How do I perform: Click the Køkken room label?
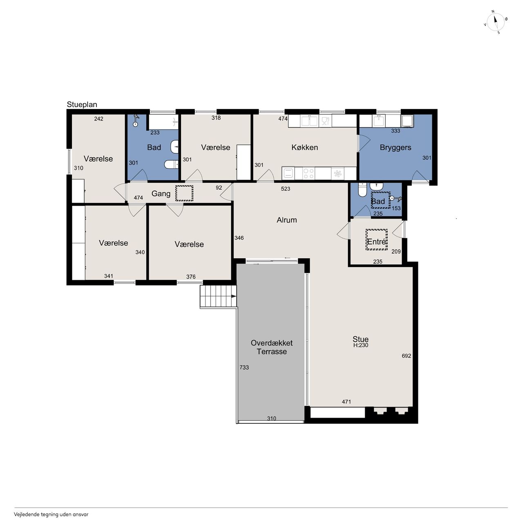(304, 148)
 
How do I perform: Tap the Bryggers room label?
(395, 148)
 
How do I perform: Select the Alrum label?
(286, 220)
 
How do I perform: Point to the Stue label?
(360, 339)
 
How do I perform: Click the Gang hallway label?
(161, 194)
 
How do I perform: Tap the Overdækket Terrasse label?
(272, 347)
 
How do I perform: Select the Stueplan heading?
(82, 105)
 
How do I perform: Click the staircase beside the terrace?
(219, 296)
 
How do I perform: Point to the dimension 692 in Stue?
(406, 356)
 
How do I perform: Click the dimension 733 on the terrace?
(244, 367)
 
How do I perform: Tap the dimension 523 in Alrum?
(286, 189)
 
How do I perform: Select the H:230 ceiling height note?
(361, 345)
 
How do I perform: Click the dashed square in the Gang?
(184, 193)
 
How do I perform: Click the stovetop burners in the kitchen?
(308, 173)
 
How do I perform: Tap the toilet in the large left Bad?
(171, 164)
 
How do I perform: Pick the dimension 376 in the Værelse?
(191, 277)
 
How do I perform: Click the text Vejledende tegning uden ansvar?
(51, 514)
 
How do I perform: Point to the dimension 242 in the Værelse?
(98, 118)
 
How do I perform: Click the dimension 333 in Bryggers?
(396, 131)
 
